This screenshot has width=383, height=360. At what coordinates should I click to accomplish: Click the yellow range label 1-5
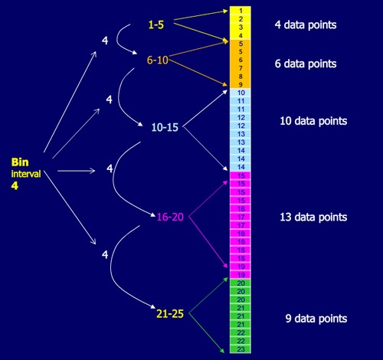pos(156,25)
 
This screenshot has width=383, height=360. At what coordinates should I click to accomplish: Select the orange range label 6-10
pos(158,60)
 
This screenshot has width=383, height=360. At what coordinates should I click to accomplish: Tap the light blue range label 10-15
pos(165,127)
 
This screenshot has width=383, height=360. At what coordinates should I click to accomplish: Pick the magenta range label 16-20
pos(170,217)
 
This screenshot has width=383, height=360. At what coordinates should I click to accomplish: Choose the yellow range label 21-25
pos(170,314)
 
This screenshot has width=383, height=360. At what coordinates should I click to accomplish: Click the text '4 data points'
pos(306,25)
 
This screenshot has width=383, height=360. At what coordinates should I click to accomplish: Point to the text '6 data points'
pos(306,64)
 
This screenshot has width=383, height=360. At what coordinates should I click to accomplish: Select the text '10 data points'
pos(313,121)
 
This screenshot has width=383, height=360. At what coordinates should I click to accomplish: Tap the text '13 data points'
pos(313,217)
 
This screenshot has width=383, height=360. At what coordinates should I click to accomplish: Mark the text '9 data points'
pos(316,319)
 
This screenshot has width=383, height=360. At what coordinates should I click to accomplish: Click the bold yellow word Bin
pos(20,162)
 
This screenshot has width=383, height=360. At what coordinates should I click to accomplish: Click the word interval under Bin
pos(26,174)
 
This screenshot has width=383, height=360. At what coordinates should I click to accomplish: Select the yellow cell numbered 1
pos(241,11)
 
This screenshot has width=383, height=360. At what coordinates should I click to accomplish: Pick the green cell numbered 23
pos(241,349)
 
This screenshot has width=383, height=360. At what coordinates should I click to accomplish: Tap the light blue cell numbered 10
pos(241,93)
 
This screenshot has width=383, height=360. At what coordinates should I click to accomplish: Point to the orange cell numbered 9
pos(241,84)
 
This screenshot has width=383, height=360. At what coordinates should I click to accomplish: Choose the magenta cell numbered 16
pos(241,208)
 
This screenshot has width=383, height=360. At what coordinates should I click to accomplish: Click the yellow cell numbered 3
pos(241,27)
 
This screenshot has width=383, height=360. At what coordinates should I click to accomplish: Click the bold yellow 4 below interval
pos(15,185)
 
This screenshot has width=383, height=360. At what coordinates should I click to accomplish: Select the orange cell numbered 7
pos(241,68)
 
